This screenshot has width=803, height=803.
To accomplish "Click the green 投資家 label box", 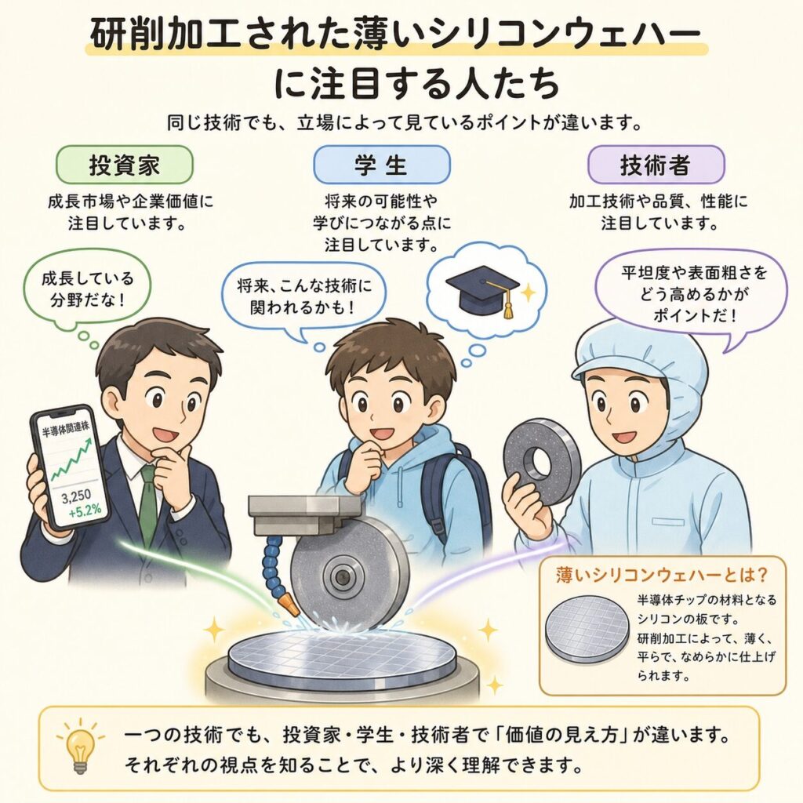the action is (125, 165).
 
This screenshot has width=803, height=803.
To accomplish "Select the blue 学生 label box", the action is (382, 165).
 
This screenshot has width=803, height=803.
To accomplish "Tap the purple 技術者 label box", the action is (656, 165).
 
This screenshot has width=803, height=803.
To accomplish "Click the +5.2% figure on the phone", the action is (85, 510).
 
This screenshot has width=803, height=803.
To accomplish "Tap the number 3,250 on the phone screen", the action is (76, 496).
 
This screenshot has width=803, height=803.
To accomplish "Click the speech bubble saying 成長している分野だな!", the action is (87, 289).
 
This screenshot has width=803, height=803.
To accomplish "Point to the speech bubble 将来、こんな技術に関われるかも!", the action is (303, 296).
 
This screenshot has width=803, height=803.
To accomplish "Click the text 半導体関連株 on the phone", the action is (66, 428).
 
